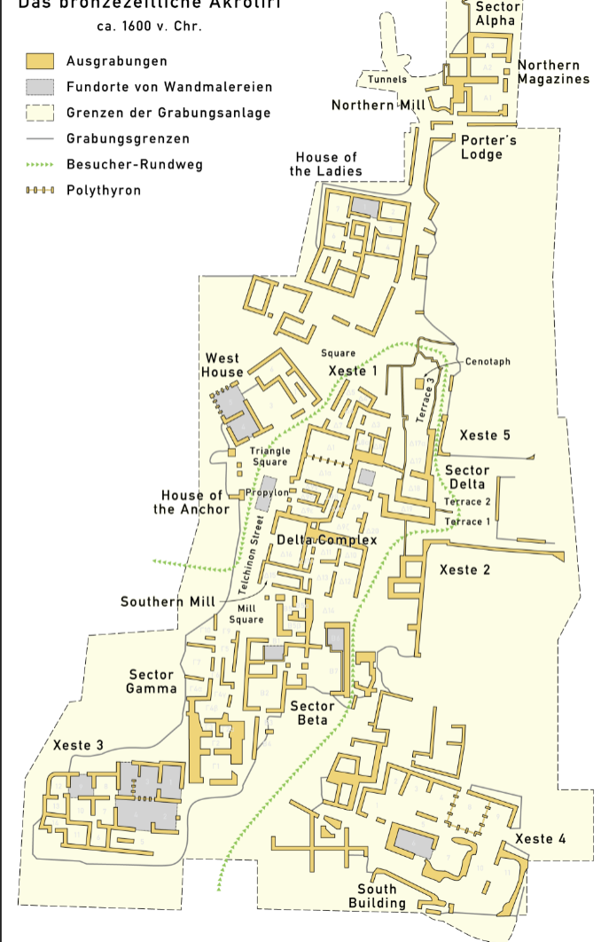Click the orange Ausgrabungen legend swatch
41,61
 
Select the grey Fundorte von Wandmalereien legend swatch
41,87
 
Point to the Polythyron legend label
103,191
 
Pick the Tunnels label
387,79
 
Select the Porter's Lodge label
488,147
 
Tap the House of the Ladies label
326,164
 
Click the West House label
222,365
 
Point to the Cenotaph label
488,362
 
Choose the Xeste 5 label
485,436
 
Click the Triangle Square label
269,457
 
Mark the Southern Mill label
168,602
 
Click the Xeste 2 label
464,569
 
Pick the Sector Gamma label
152,682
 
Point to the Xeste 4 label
540,839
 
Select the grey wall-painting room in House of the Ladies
364,207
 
